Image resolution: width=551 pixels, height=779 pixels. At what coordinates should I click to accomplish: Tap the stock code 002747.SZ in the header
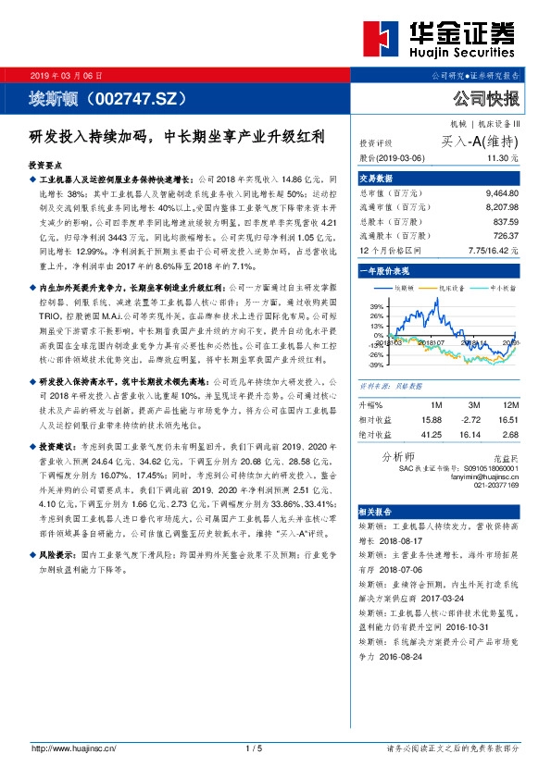coord(138,97)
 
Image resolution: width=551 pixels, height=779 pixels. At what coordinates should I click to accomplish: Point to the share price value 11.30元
coord(504,158)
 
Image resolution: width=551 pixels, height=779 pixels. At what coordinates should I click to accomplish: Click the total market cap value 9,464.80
coord(500,195)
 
